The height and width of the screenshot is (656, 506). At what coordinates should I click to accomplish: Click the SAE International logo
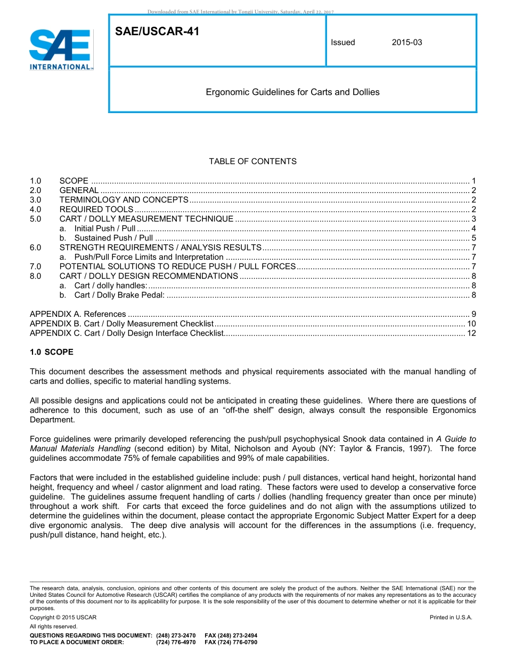[x=61, y=50]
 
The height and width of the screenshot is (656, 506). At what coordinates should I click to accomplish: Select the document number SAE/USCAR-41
[x=157, y=32]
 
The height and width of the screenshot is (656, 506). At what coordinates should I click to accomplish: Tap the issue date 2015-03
[x=407, y=43]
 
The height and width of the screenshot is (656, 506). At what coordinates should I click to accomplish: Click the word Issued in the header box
[x=342, y=43]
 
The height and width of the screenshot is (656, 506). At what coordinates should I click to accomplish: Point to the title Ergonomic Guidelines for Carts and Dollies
[x=292, y=92]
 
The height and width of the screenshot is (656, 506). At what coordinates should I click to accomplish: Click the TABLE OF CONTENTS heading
[x=252, y=162]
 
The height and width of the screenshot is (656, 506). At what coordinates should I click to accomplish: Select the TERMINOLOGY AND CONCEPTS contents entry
[x=124, y=200]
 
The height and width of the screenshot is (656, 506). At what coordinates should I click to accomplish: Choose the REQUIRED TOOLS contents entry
[x=96, y=210]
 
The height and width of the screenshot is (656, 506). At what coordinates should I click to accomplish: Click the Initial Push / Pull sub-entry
[x=104, y=229]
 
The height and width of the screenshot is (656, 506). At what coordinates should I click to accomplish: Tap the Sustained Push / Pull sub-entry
[x=113, y=238]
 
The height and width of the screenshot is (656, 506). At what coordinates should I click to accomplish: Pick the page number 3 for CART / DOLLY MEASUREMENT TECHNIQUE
[x=474, y=219]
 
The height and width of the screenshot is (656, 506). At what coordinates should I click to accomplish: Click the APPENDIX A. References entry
[x=78, y=314]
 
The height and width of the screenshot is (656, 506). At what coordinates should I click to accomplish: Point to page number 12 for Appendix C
[x=471, y=333]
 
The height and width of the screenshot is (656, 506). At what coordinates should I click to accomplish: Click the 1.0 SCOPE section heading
[x=52, y=353]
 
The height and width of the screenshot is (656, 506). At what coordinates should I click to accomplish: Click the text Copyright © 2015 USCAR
[x=63, y=618]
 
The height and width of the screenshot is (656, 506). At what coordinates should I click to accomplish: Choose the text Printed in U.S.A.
[x=451, y=618]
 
